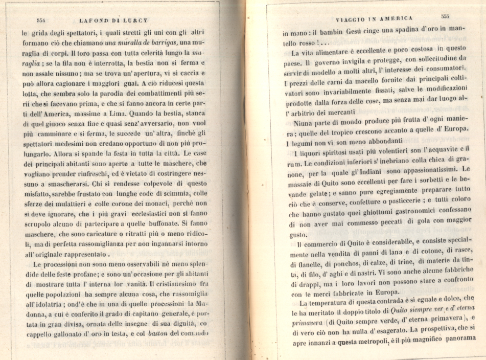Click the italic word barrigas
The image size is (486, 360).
(157, 42)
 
